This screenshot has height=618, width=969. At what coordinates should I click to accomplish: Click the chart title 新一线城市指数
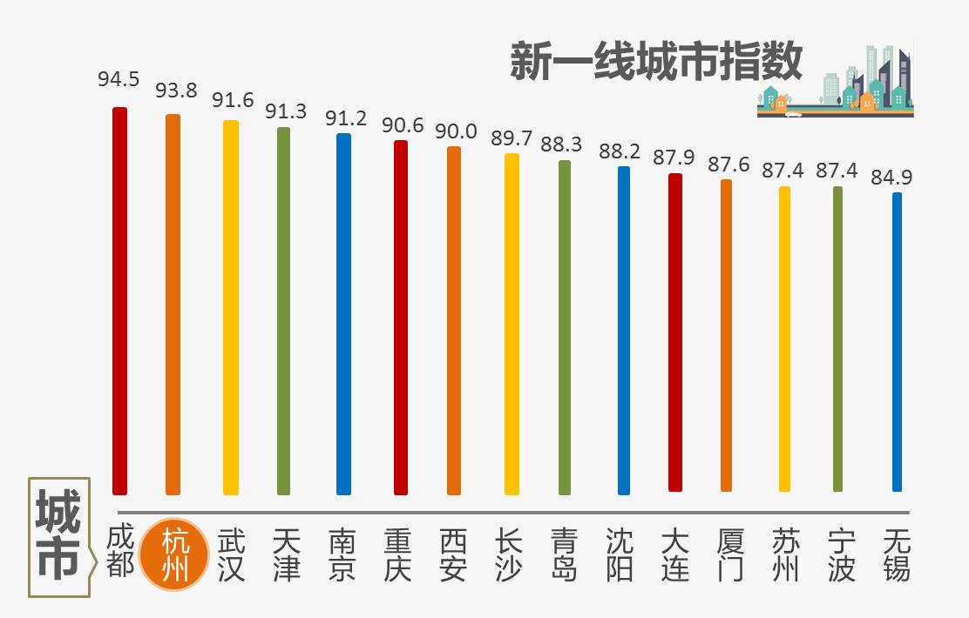[x=655, y=63]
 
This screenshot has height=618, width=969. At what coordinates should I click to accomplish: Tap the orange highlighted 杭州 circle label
[x=177, y=554]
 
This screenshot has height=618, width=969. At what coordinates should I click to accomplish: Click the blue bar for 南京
[x=344, y=313]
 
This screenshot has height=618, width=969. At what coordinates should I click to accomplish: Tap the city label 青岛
[x=566, y=554]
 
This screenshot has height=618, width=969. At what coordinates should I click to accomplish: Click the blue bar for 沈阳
[x=623, y=331]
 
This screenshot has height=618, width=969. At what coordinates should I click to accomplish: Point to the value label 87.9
[x=674, y=158]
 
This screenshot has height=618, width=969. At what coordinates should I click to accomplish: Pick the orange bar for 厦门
[x=727, y=335]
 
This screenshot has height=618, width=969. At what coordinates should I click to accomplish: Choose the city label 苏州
[x=785, y=554]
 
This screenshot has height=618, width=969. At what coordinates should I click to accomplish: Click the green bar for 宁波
[x=838, y=339]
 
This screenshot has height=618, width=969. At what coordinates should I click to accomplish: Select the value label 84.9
[x=891, y=178]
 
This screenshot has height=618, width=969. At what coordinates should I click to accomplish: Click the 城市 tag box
[x=59, y=536]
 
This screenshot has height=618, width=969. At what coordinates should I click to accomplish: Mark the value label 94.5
[x=119, y=80]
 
